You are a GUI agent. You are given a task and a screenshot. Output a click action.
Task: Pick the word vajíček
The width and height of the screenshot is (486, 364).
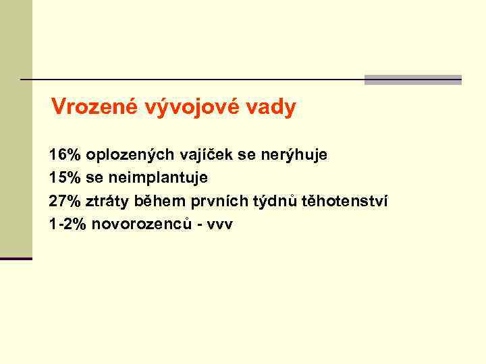point(203,154)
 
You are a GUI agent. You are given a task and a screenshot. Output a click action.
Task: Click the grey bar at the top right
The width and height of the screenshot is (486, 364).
point(413,80)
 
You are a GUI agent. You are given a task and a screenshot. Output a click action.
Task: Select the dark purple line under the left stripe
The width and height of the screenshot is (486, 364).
point(16,258)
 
